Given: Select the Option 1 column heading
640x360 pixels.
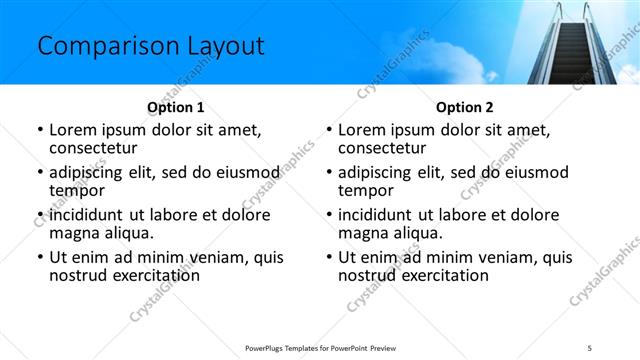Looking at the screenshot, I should [x=175, y=107].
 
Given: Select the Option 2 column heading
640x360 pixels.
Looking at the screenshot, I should [x=464, y=107].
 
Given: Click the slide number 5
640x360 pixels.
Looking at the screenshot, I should [x=603, y=347].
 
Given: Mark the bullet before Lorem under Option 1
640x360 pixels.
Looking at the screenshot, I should [x=40, y=130].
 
